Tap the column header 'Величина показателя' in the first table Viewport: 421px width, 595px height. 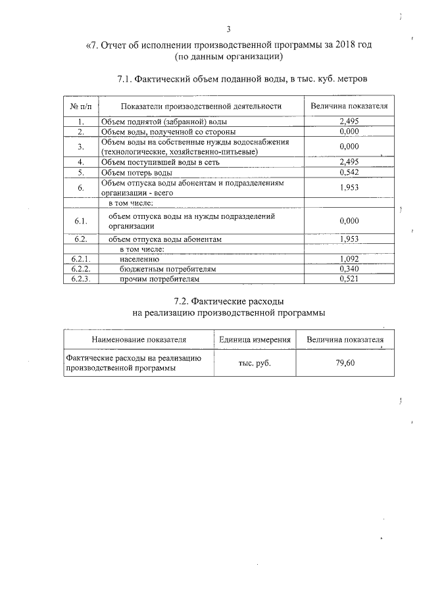click(x=349, y=106)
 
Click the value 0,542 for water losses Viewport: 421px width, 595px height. click(x=349, y=173)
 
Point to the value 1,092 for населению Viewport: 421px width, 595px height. click(x=349, y=260)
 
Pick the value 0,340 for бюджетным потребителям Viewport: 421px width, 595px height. click(x=349, y=270)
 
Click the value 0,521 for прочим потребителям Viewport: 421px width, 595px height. click(x=349, y=279)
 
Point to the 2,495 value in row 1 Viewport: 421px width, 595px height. click(x=349, y=122)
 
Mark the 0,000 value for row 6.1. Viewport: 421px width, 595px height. click(x=349, y=221)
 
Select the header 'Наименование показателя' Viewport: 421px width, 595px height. click(x=139, y=339)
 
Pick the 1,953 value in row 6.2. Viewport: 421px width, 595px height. click(x=349, y=239)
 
